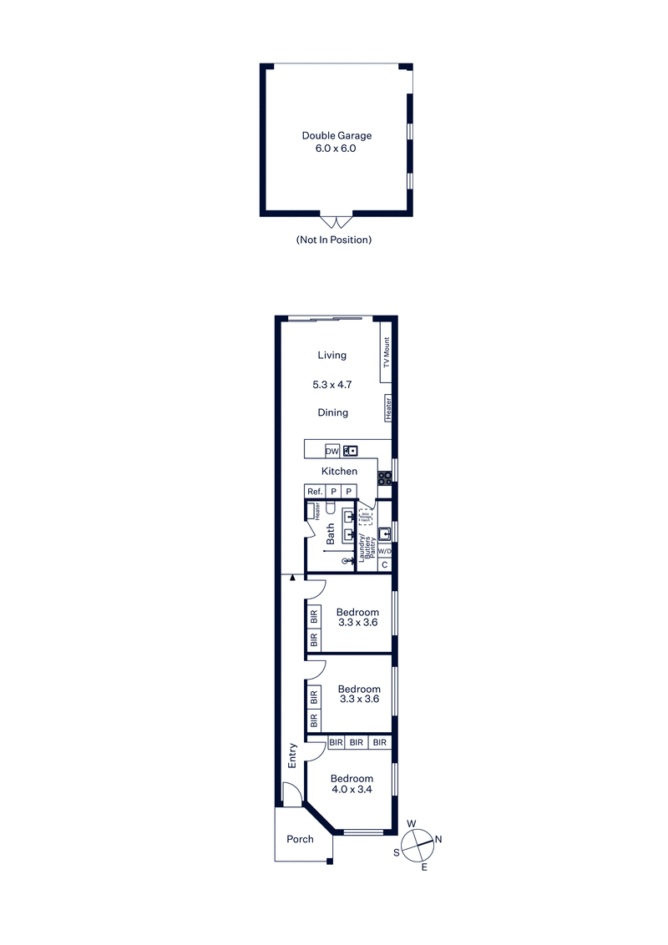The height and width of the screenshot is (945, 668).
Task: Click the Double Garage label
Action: tap(337, 135)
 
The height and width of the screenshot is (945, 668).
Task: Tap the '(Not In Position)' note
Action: tap(333, 240)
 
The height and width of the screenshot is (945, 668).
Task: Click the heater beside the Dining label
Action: tap(387, 409)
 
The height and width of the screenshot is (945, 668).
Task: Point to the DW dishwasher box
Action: tap(332, 451)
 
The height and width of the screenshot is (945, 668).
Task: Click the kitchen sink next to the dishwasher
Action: tap(351, 451)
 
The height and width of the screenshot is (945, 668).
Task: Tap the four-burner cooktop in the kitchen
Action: tap(385, 478)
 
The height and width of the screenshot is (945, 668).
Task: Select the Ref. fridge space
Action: tap(315, 492)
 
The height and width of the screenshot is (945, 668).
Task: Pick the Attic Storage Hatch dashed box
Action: tap(366, 515)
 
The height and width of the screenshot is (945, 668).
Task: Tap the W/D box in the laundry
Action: tap(384, 552)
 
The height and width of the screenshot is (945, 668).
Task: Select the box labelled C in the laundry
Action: tap(384, 565)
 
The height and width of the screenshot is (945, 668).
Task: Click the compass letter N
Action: tap(439, 839)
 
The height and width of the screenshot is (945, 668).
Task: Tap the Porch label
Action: tap(300, 839)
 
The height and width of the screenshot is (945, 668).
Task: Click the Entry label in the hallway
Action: tap(292, 755)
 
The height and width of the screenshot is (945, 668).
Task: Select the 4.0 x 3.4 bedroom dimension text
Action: tap(351, 789)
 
